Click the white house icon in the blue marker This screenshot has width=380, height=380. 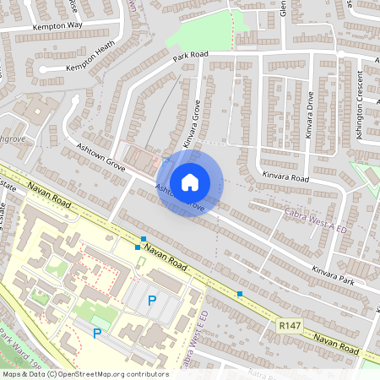click(x=190, y=182)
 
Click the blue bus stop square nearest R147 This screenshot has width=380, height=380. click(x=240, y=294)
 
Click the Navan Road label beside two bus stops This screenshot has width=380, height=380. click(x=166, y=254)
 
